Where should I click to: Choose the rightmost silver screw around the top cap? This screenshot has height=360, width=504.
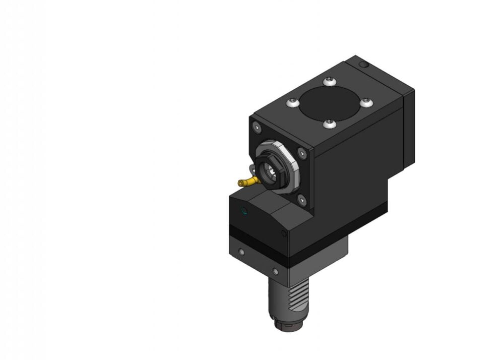click(366, 102)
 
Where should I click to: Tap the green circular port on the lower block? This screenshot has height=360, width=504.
click(245, 211)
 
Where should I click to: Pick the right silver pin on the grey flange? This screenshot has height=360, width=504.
click(275, 272)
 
